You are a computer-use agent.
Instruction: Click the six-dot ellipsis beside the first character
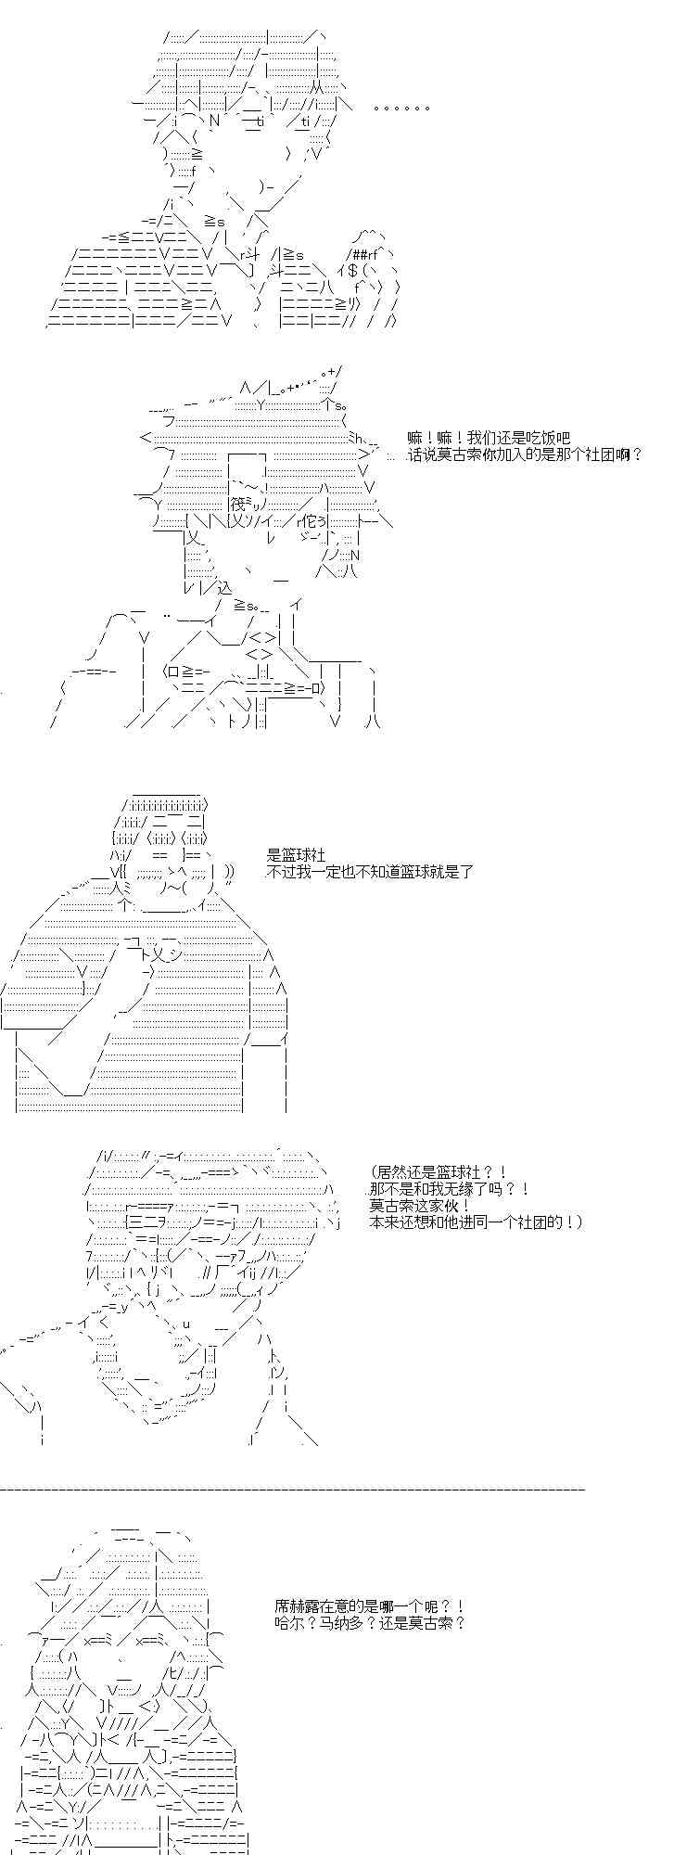(401, 109)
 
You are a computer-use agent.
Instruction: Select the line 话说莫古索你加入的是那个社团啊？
(525, 454)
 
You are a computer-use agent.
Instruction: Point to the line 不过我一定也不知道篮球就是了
(370, 872)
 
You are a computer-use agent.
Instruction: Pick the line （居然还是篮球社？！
(438, 1173)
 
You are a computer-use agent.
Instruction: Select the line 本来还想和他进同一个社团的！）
(477, 1222)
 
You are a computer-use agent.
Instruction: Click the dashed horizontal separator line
(293, 1489)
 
